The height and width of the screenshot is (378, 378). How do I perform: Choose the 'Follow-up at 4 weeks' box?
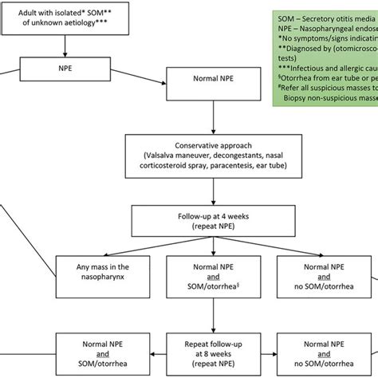coord(211,221)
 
